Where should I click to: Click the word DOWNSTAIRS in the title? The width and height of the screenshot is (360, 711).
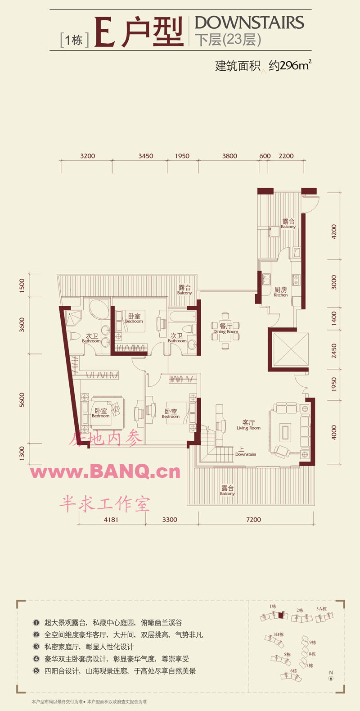(x=249, y=23)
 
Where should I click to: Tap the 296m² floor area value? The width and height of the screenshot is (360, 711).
(x=290, y=65)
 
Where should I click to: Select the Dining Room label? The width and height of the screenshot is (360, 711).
(x=226, y=329)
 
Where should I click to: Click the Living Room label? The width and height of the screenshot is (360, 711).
(x=248, y=425)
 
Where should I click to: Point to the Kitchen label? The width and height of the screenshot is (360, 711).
(x=280, y=292)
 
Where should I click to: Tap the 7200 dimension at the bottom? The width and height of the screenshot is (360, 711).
(x=253, y=520)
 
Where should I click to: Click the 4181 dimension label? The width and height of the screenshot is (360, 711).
(x=111, y=520)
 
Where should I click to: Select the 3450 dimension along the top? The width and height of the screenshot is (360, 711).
(x=145, y=156)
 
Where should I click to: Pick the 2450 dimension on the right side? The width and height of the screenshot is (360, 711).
(x=334, y=351)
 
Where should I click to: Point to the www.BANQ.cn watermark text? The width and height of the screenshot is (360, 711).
(x=106, y=471)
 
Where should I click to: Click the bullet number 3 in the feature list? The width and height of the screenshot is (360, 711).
(x=36, y=647)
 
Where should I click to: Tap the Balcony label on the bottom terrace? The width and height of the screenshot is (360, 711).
(x=227, y=490)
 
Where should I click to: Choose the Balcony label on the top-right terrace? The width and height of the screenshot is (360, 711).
(x=288, y=224)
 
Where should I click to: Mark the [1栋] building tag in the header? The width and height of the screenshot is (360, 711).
(x=74, y=40)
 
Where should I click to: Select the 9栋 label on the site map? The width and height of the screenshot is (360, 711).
(x=313, y=643)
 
